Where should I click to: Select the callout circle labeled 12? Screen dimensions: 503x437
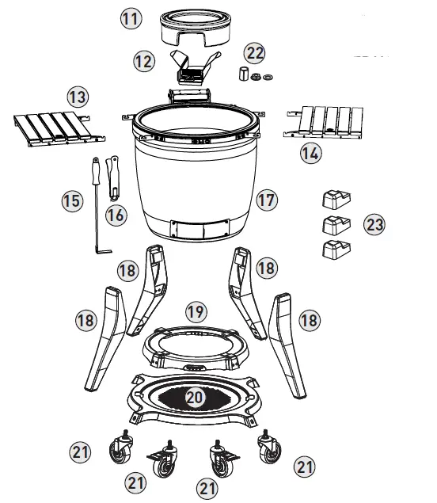(x=142, y=60)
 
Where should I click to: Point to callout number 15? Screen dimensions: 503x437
(x=72, y=201)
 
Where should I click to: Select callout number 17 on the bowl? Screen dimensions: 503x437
(x=266, y=200)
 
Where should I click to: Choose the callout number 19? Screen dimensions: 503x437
(x=196, y=311)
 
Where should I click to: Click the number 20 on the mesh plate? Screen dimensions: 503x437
(x=196, y=396)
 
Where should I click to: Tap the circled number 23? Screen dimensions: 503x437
(x=374, y=224)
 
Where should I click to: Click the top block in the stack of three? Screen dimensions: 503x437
(x=336, y=197)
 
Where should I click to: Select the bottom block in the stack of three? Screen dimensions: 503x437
(x=336, y=252)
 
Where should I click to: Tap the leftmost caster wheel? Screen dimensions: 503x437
(x=121, y=451)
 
